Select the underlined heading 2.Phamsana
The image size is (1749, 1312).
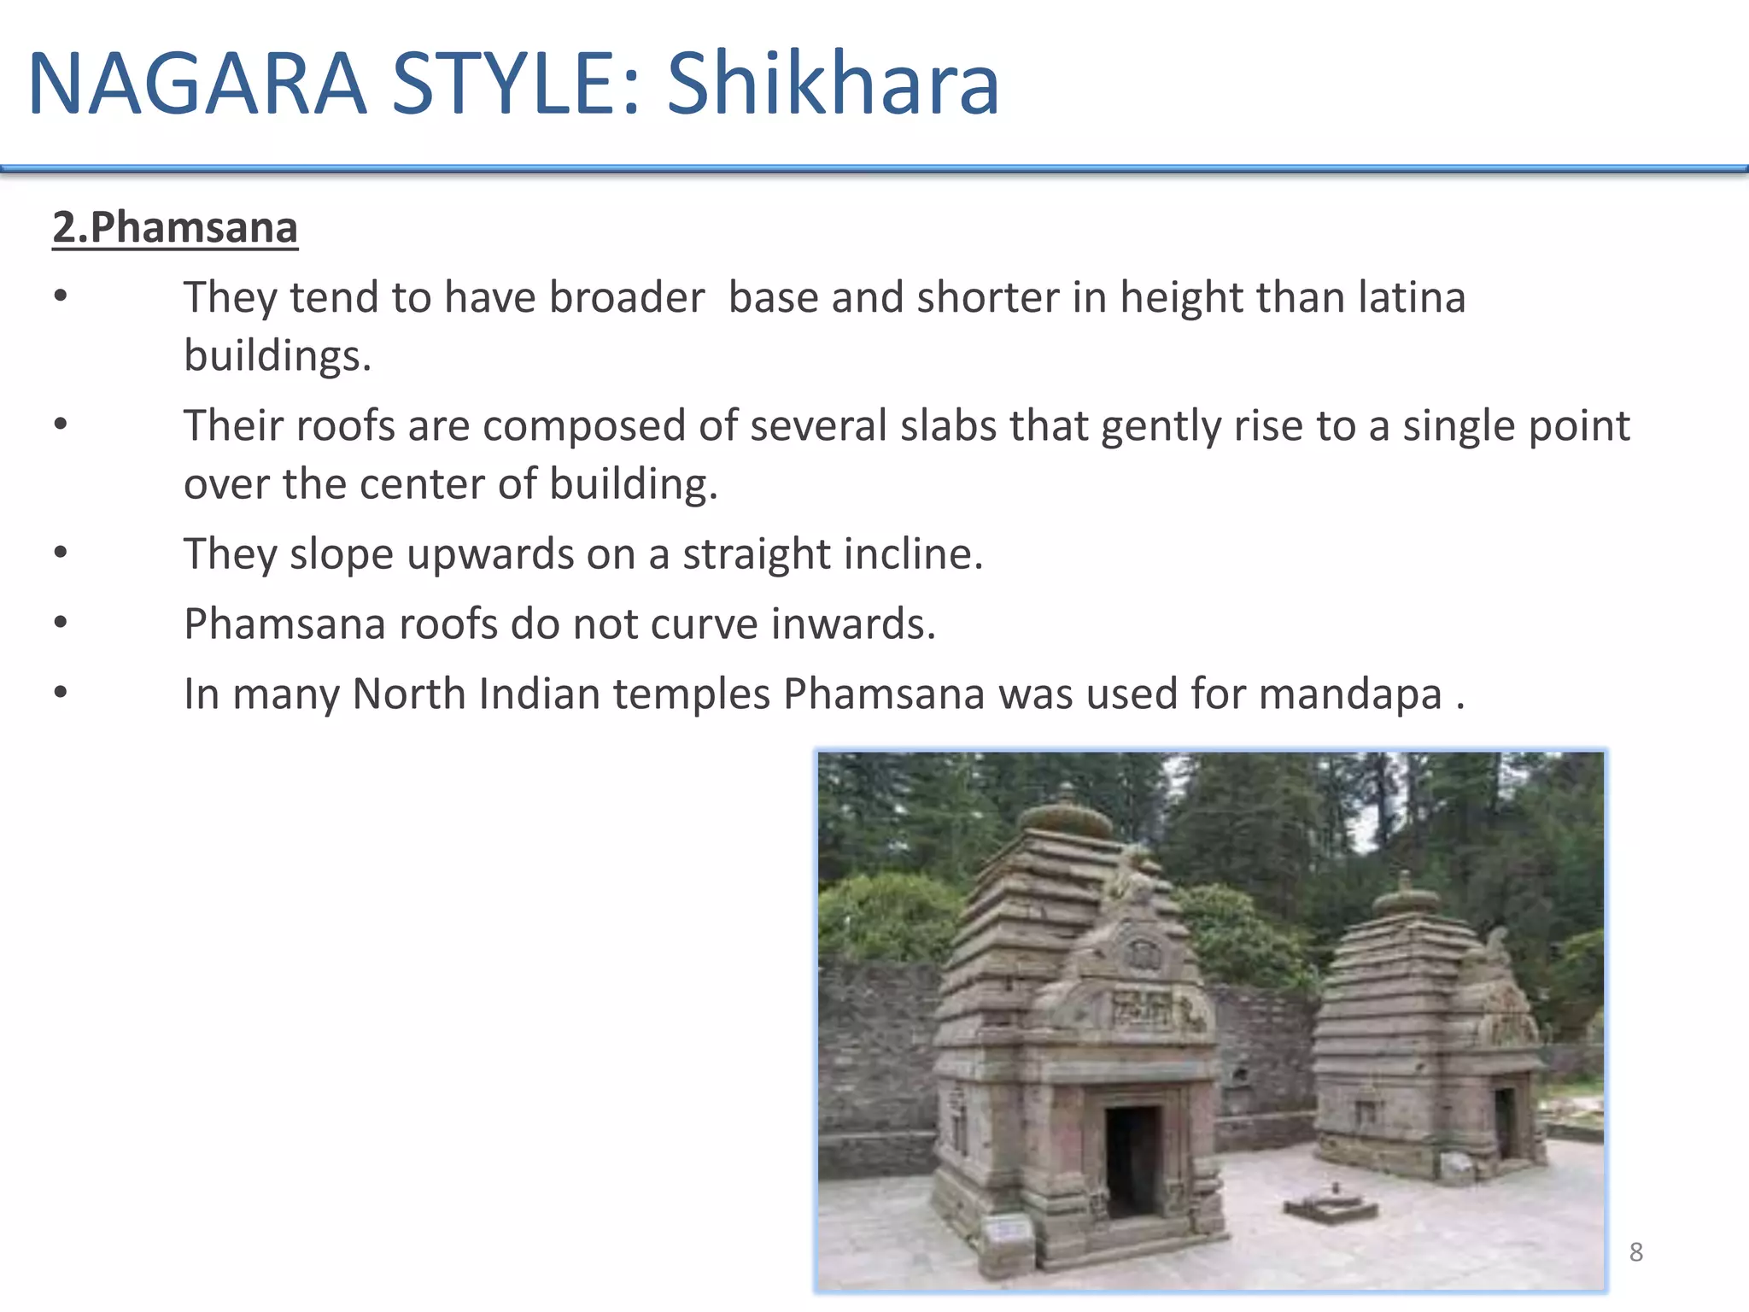coord(175,227)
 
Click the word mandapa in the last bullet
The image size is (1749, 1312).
coord(1350,693)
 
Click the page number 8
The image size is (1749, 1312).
coord(1635,1251)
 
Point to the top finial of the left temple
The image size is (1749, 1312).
coord(1065,816)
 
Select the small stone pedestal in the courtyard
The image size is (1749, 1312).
coord(1331,1205)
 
